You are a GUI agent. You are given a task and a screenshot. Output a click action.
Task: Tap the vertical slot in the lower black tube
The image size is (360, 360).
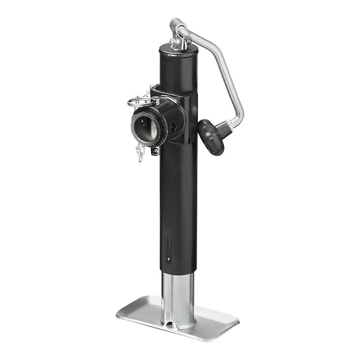[169, 245]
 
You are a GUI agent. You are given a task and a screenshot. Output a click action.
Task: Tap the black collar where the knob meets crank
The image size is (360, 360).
[224, 130]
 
